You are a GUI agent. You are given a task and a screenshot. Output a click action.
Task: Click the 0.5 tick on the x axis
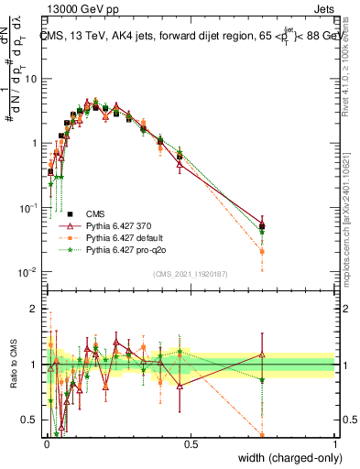click(x=191, y=442)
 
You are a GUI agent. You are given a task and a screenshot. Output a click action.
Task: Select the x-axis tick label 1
click(x=335, y=442)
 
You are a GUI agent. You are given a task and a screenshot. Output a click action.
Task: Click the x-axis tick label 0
click(x=46, y=442)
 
